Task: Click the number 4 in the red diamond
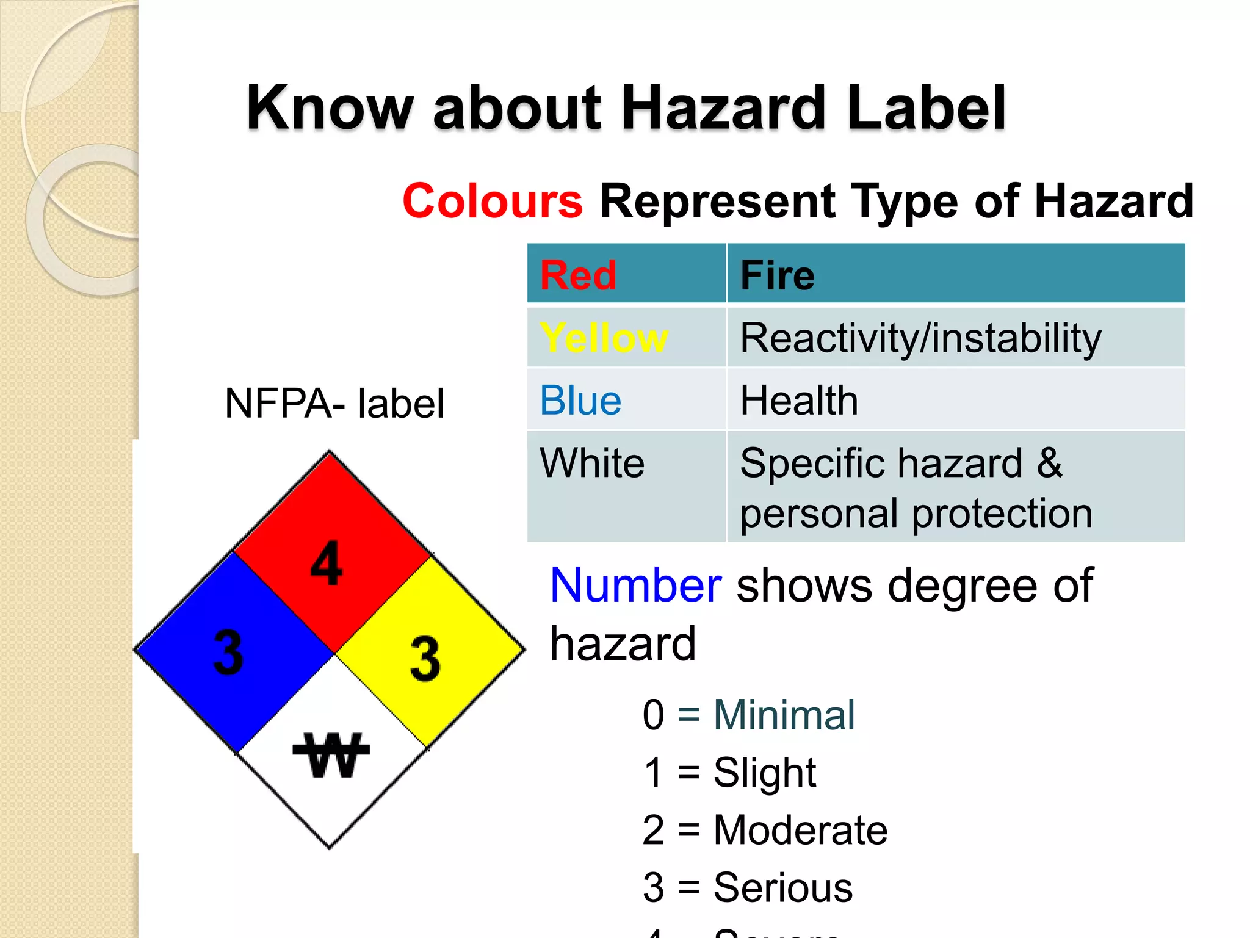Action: (x=327, y=563)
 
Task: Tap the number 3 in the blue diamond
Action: (x=228, y=652)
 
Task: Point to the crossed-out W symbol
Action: (x=331, y=755)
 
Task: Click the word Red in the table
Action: (x=578, y=275)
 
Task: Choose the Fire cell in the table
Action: (x=778, y=275)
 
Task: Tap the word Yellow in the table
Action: (x=604, y=338)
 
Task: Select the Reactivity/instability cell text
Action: (x=920, y=339)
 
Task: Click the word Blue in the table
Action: (x=580, y=401)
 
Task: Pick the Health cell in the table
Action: (x=799, y=401)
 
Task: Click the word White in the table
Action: (x=592, y=463)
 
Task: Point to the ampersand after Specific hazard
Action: (x=1049, y=463)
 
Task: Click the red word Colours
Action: (x=493, y=201)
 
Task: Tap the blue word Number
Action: (x=636, y=586)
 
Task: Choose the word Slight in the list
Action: (x=764, y=773)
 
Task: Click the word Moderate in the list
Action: (x=800, y=830)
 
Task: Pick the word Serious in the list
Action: (x=782, y=887)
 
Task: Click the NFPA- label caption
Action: (x=334, y=404)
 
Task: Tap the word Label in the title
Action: (x=927, y=108)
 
